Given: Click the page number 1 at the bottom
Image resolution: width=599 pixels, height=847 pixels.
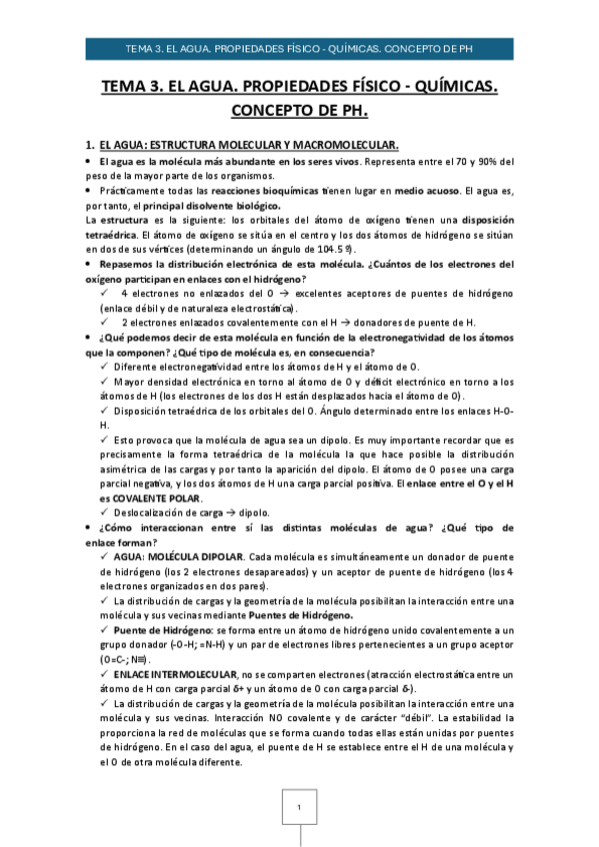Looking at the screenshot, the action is (x=299, y=806).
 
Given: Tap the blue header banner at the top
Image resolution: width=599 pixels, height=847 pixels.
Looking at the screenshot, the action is (x=299, y=47).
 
